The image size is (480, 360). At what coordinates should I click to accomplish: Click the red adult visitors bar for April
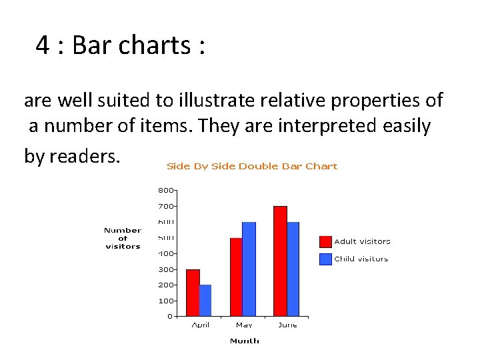click(x=193, y=293)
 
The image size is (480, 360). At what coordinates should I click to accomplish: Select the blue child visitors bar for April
click(x=205, y=300)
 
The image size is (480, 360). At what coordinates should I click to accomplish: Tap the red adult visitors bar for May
click(x=236, y=277)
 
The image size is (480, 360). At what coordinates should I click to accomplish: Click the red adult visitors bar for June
click(x=280, y=261)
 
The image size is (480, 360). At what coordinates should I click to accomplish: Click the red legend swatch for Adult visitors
click(x=325, y=241)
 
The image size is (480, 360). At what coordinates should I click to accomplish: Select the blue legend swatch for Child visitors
click(x=325, y=259)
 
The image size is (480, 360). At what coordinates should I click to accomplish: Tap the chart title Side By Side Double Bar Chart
click(x=252, y=166)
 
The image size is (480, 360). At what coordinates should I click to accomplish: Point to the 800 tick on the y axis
click(x=165, y=190)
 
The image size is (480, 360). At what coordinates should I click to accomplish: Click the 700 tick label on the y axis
click(x=165, y=206)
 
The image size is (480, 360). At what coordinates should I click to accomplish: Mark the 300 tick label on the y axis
click(x=165, y=269)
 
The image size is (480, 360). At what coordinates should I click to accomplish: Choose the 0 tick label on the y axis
click(x=169, y=316)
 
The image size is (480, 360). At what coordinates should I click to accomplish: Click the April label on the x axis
click(x=200, y=325)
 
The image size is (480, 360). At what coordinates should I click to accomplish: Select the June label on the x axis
click(x=287, y=325)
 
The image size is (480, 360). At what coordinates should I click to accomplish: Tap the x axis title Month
click(x=244, y=341)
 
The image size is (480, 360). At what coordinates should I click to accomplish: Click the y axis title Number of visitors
click(x=123, y=238)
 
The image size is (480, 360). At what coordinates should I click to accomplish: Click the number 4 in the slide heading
click(x=43, y=45)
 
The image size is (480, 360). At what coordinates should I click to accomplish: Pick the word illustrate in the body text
click(x=213, y=101)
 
